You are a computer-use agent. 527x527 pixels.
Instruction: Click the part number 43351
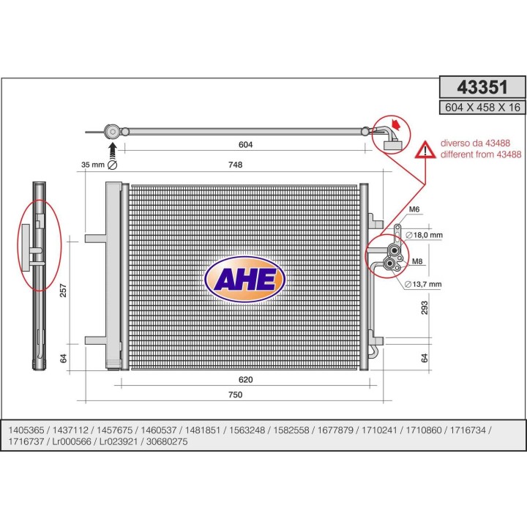pyautogui.click(x=482, y=87)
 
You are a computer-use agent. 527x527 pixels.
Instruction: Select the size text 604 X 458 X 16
pyautogui.click(x=482, y=108)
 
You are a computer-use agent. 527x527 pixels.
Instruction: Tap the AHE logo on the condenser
pyautogui.click(x=245, y=279)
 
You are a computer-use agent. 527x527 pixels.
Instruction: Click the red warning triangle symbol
pyautogui.click(x=425, y=150)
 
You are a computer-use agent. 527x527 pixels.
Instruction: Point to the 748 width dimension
pyautogui.click(x=235, y=165)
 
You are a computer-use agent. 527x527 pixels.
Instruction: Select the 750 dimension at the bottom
pyautogui.click(x=235, y=395)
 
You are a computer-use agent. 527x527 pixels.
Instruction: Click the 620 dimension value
pyautogui.click(x=246, y=380)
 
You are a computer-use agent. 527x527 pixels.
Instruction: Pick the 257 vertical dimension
pyautogui.click(x=63, y=291)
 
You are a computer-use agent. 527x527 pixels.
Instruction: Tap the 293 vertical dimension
pyautogui.click(x=425, y=307)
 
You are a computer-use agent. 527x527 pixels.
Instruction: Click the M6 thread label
pyautogui.click(x=414, y=209)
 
